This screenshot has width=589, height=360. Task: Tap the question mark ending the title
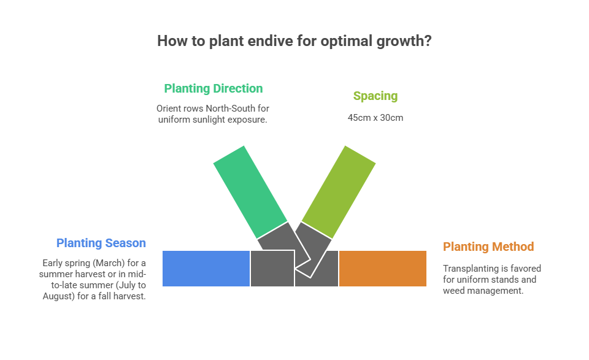[x=428, y=41]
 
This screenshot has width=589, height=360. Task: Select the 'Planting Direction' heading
[x=213, y=88]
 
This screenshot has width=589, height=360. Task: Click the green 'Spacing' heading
[x=375, y=96]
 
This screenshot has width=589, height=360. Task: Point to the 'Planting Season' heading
[x=101, y=243]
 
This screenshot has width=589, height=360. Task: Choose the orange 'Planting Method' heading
[x=488, y=247]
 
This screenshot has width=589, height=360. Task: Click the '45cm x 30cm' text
[x=375, y=117]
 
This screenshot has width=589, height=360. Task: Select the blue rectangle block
[x=206, y=269]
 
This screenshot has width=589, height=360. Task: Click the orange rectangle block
[x=383, y=269]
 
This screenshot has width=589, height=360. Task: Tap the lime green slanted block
[x=339, y=191]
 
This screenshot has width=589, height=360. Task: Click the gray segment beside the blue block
[x=272, y=269]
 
